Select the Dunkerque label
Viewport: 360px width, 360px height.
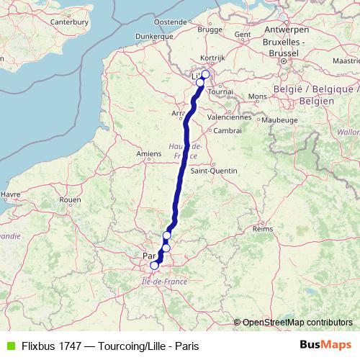tap(156, 35)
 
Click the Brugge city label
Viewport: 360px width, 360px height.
tap(210, 30)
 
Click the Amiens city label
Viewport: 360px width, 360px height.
tap(148, 153)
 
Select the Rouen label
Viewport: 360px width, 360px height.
tap(70, 199)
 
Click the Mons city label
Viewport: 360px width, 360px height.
tap(256, 96)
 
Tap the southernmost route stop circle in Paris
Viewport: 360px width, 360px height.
tap(154, 266)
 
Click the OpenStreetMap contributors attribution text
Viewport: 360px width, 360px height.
tap(297, 322)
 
